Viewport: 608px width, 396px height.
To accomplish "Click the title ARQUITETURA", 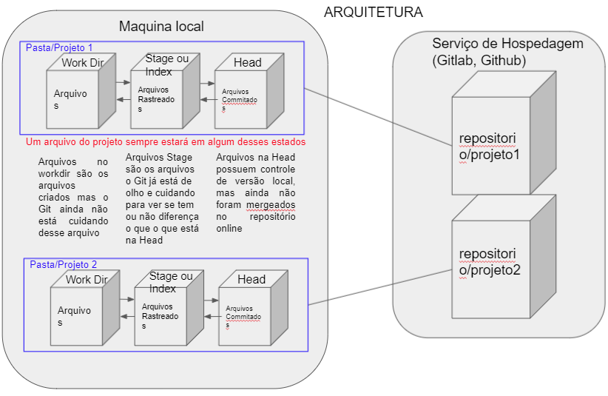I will coord(374,13).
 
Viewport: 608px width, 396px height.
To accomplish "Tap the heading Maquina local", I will coord(161,27).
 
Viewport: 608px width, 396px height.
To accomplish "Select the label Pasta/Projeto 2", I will coord(64,264).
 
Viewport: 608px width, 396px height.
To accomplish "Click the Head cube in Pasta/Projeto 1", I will coord(242,97).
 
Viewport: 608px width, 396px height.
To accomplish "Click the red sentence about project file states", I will coord(166,141).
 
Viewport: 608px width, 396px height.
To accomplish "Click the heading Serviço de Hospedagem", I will coord(507,44).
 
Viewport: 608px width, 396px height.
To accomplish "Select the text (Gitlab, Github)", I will coord(479,61).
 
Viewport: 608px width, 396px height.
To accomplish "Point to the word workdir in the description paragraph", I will coord(53,172).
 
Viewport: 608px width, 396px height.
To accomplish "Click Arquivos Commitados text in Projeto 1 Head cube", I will coord(238,100).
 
